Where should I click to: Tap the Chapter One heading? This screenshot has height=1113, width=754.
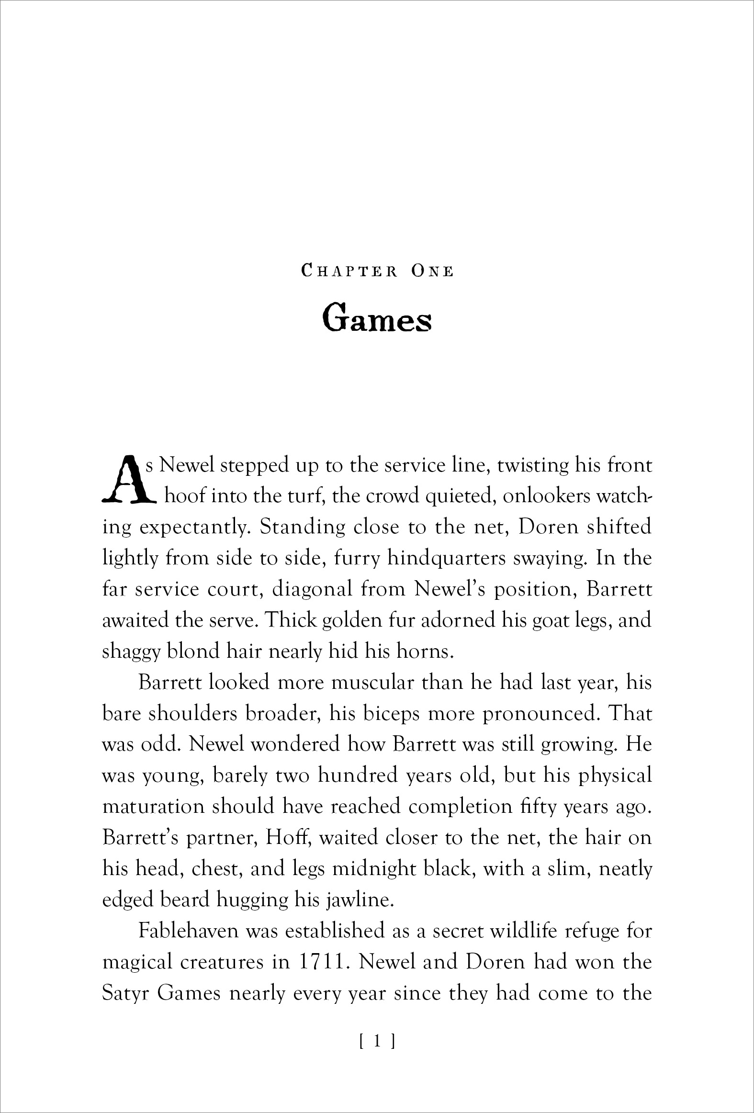[377, 271]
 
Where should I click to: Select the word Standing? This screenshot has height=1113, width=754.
[301, 527]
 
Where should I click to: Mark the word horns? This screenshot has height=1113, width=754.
[427, 652]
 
